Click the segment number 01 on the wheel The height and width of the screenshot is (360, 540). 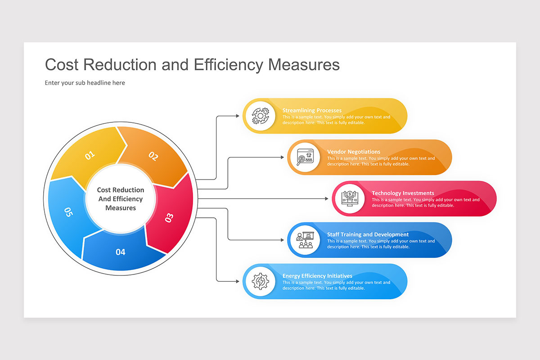(x=90, y=155)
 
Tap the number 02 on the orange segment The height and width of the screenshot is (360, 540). (x=153, y=156)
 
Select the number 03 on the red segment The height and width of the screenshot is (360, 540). (x=169, y=218)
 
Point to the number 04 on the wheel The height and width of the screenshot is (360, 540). (x=120, y=252)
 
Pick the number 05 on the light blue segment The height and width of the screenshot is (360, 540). (x=68, y=212)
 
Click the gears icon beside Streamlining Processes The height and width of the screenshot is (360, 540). (x=261, y=116)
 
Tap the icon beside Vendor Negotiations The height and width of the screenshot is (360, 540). (x=305, y=157)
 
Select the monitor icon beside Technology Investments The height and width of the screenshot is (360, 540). (x=350, y=198)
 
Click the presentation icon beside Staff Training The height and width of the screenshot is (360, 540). (x=305, y=240)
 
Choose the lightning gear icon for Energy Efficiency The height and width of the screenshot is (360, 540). (x=261, y=281)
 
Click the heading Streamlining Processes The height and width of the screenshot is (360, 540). (x=312, y=110)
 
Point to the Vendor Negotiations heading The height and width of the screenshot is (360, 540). (x=354, y=152)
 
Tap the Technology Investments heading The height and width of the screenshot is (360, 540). (x=403, y=193)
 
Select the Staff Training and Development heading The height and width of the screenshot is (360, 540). (x=368, y=234)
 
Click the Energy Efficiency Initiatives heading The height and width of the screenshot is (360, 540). (x=317, y=276)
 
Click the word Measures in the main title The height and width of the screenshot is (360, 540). (x=304, y=65)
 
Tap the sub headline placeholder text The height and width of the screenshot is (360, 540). (x=85, y=83)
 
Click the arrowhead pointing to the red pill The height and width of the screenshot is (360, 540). (x=327, y=199)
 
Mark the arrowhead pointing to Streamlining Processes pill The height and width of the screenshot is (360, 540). (x=238, y=116)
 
